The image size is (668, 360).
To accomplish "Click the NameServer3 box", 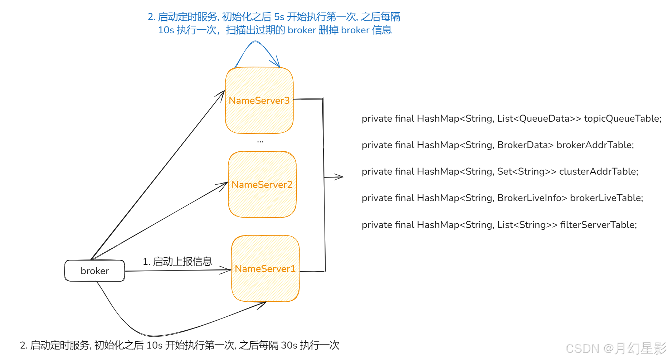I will pyautogui.click(x=259, y=101).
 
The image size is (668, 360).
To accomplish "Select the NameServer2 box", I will pyautogui.click(x=262, y=185).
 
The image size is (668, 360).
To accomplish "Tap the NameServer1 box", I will pyautogui.click(x=265, y=269).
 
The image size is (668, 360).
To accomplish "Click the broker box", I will pyautogui.click(x=94, y=271).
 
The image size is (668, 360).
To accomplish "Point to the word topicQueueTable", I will pyautogui.click(x=622, y=118).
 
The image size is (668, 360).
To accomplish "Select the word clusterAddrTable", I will pyautogui.click(x=598, y=171).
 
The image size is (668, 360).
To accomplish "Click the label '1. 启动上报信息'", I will pyautogui.click(x=177, y=262).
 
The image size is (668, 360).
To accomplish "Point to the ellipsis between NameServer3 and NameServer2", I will pyautogui.click(x=260, y=142).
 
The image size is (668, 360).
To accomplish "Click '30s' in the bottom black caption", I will pyautogui.click(x=289, y=345).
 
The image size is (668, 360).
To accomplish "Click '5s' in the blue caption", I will pyautogui.click(x=279, y=17).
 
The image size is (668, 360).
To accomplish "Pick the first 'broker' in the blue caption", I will pyautogui.click(x=302, y=30).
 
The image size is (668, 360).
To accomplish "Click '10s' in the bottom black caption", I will pyautogui.click(x=155, y=345).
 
